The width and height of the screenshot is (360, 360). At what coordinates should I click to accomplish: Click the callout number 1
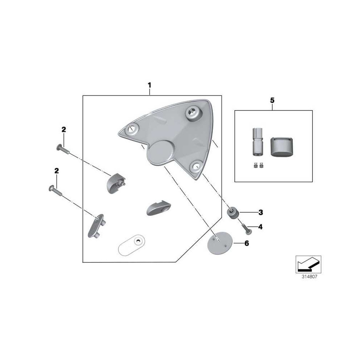click(149, 85)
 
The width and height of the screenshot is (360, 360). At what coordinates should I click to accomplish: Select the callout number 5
click(272, 100)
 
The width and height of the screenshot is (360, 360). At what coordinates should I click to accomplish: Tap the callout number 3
click(261, 212)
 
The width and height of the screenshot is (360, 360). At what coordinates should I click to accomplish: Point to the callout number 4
click(260, 227)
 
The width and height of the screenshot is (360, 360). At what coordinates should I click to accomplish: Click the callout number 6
click(247, 243)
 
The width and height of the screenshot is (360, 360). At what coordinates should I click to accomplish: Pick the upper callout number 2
click(64, 130)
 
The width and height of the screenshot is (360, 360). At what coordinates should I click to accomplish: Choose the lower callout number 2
click(57, 171)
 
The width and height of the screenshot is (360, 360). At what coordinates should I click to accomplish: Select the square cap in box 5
click(282, 147)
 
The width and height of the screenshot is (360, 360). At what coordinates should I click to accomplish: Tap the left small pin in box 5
click(255, 165)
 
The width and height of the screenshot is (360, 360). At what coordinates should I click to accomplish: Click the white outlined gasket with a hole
click(131, 244)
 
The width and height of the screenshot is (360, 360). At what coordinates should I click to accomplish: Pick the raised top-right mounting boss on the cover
click(193, 113)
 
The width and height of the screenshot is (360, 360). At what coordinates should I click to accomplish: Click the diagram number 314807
click(309, 276)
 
